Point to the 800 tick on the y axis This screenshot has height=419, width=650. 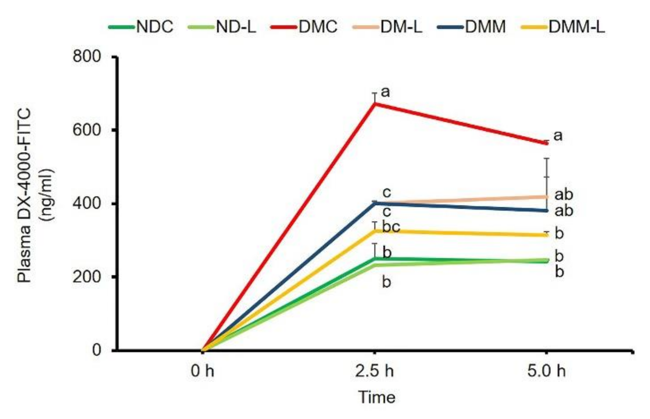point(87,56)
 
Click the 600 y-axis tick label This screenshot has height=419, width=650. point(87,130)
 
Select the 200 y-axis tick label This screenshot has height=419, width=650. point(87,277)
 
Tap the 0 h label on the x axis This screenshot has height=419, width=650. point(203,371)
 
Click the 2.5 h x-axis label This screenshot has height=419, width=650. point(375,371)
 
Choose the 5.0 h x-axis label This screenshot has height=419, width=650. point(547,371)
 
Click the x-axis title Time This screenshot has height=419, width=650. point(377,397)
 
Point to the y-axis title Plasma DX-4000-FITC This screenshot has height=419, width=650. point(25,195)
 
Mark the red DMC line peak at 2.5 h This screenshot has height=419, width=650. point(375,104)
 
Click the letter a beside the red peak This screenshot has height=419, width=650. point(385,92)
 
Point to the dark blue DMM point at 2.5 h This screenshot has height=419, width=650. point(375,204)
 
